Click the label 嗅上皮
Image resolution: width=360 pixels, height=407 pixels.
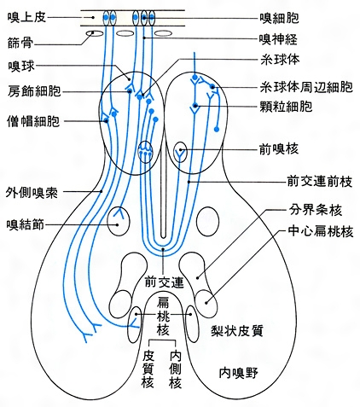click(x=26, y=18)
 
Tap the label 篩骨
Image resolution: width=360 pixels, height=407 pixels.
click(x=20, y=44)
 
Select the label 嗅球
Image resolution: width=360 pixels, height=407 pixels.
click(x=21, y=67)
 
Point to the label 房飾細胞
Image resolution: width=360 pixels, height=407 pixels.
click(x=34, y=91)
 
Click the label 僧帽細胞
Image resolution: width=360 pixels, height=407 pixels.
click(x=33, y=121)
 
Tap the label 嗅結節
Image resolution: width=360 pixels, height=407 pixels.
click(x=26, y=225)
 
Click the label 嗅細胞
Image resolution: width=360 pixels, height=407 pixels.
click(x=279, y=18)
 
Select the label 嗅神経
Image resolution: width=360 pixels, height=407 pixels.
click(x=278, y=39)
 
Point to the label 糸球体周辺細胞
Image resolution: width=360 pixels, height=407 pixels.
click(x=306, y=87)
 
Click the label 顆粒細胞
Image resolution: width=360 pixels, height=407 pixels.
click(x=286, y=107)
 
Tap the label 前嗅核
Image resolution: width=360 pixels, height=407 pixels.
click(x=279, y=149)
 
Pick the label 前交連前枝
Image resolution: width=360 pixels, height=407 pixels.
click(x=320, y=182)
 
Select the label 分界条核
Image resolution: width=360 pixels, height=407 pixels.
click(x=316, y=211)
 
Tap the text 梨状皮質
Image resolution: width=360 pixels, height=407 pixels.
click(x=237, y=331)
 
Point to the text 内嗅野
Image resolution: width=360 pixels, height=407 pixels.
click(x=239, y=373)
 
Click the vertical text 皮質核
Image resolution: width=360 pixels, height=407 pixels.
click(x=148, y=369)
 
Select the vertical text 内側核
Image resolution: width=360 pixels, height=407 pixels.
click(x=175, y=369)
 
